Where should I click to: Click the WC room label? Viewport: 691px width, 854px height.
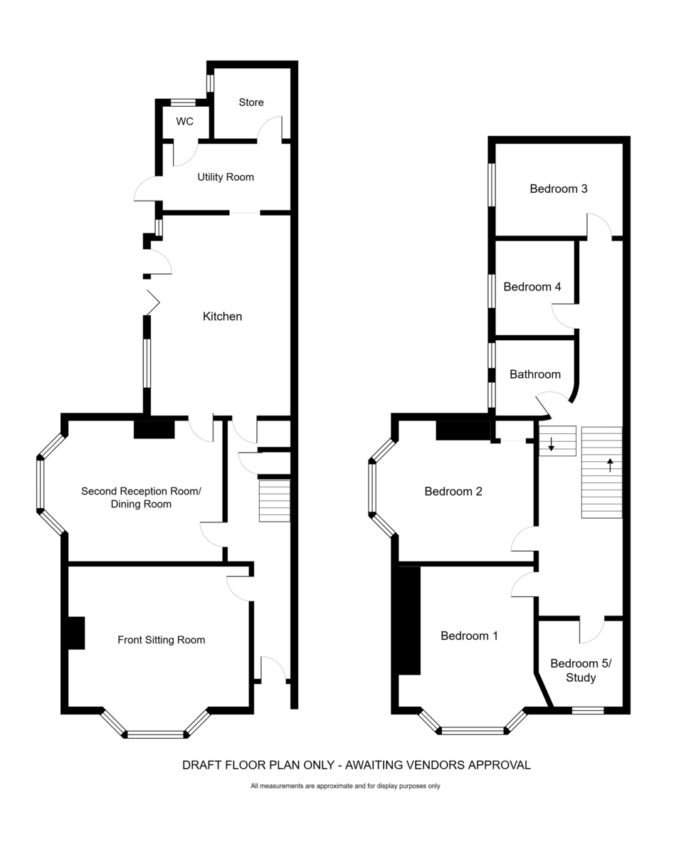pyautogui.click(x=184, y=121)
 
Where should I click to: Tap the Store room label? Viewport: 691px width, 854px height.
pyautogui.click(x=251, y=102)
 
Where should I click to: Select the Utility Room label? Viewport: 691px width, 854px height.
pyautogui.click(x=226, y=176)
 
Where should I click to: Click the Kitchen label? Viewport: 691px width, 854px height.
pyautogui.click(x=222, y=317)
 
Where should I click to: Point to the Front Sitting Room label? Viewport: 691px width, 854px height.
pyautogui.click(x=161, y=640)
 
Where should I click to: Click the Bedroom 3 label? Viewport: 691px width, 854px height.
pyautogui.click(x=559, y=189)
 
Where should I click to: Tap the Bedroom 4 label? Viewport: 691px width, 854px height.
pyautogui.click(x=532, y=287)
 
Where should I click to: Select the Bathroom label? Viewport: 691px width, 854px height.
pyautogui.click(x=534, y=374)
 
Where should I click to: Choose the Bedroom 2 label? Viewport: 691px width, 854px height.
pyautogui.click(x=453, y=491)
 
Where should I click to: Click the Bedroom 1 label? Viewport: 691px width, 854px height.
pyautogui.click(x=469, y=636)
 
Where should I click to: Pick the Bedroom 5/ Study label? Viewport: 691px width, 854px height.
pyautogui.click(x=581, y=670)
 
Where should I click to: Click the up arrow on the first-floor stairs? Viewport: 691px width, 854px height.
pyautogui.click(x=610, y=465)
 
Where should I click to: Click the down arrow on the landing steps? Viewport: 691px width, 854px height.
pyautogui.click(x=551, y=444)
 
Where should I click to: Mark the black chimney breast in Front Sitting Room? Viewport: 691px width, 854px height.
pyautogui.click(x=76, y=633)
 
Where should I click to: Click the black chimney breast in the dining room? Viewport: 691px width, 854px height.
pyautogui.click(x=154, y=429)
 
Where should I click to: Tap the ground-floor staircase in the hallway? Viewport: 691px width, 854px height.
pyautogui.click(x=274, y=501)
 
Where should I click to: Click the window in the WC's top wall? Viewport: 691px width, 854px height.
pyautogui.click(x=183, y=102)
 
